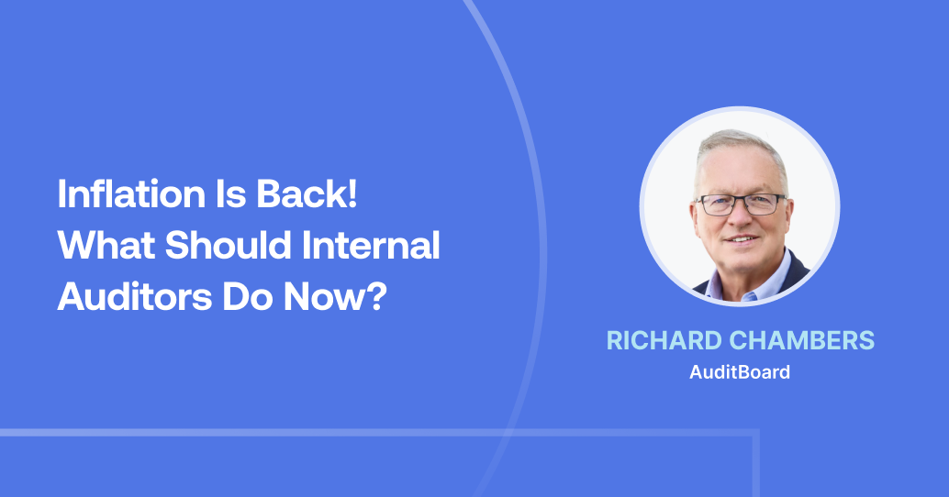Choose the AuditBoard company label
(x=740, y=372)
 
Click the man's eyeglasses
(x=740, y=204)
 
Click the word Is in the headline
(x=197, y=195)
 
